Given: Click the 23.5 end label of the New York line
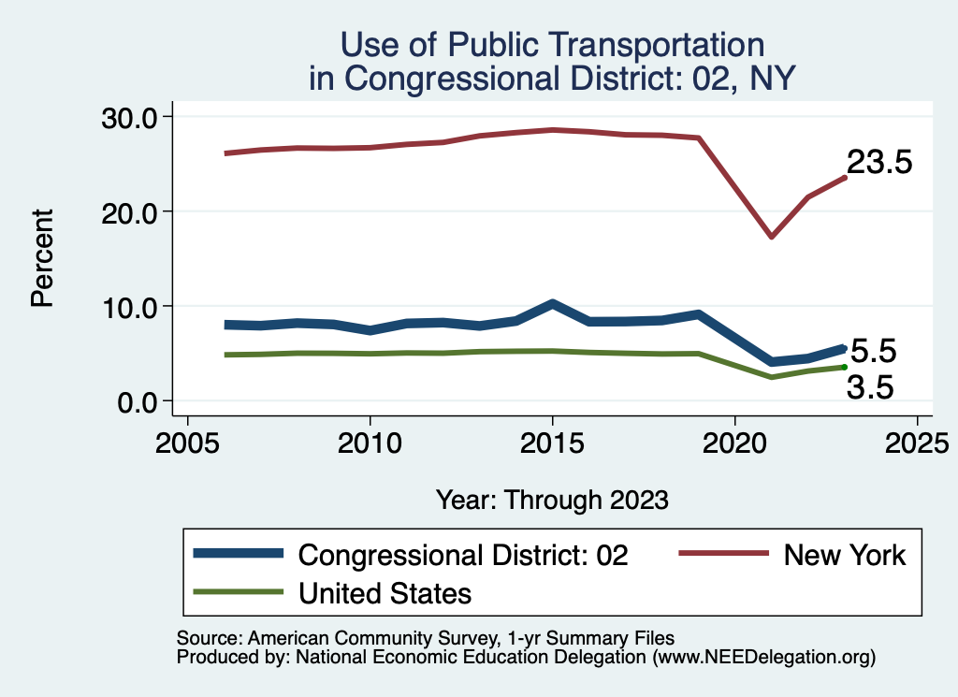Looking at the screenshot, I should click(878, 163).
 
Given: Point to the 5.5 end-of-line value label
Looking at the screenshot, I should click(872, 352).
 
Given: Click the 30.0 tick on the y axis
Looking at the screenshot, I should click(132, 117).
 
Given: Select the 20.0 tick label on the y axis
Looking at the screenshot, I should click(132, 211).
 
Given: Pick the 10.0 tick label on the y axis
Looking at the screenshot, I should click(132, 307).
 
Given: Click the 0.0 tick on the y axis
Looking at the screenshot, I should click(140, 401).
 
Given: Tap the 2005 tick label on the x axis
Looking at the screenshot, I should click(187, 441).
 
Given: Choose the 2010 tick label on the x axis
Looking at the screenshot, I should click(370, 441).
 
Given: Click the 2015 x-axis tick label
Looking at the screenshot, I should click(552, 441).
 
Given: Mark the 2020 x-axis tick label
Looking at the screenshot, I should click(734, 441).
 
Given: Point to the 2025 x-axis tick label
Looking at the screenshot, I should click(917, 441).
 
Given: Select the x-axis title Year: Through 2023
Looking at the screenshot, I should click(552, 500).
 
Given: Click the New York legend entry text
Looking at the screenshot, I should click(845, 555).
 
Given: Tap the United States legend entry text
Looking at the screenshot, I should click(385, 592).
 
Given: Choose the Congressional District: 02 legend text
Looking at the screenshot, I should click(463, 555).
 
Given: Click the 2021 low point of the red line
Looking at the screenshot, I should click(771, 236).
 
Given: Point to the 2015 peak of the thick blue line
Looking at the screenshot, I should click(552, 304).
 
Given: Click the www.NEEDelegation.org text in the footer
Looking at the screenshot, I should click(763, 658).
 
